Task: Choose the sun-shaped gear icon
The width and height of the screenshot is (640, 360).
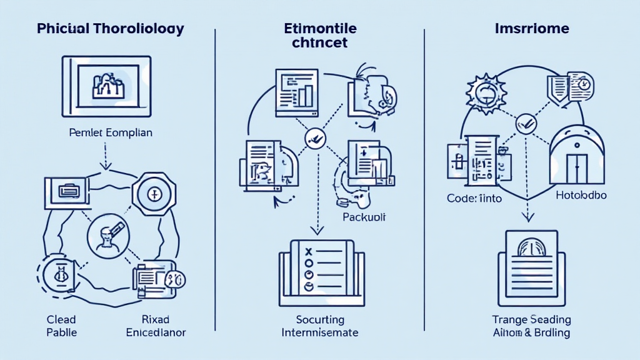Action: (x=486, y=93)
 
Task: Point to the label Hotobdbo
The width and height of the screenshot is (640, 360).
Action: (x=581, y=196)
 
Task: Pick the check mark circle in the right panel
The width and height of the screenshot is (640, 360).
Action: (x=525, y=125)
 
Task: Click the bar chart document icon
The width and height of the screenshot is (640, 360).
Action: (x=294, y=91)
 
